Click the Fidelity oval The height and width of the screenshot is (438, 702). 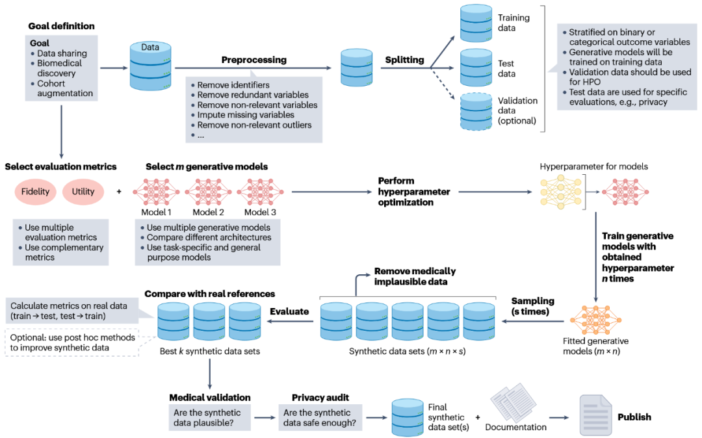pos(35,192)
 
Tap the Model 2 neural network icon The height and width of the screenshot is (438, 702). pos(208,192)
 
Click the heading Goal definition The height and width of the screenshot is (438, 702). pos(61,26)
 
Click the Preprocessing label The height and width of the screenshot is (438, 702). pos(253,60)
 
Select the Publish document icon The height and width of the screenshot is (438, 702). pos(594,416)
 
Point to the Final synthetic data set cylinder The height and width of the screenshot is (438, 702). pos(408,417)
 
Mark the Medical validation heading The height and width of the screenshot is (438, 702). pos(210,398)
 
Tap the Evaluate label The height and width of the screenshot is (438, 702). pos(289,311)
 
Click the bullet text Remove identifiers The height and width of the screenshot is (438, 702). pos(233,85)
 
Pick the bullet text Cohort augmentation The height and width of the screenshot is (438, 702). pos(64,88)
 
